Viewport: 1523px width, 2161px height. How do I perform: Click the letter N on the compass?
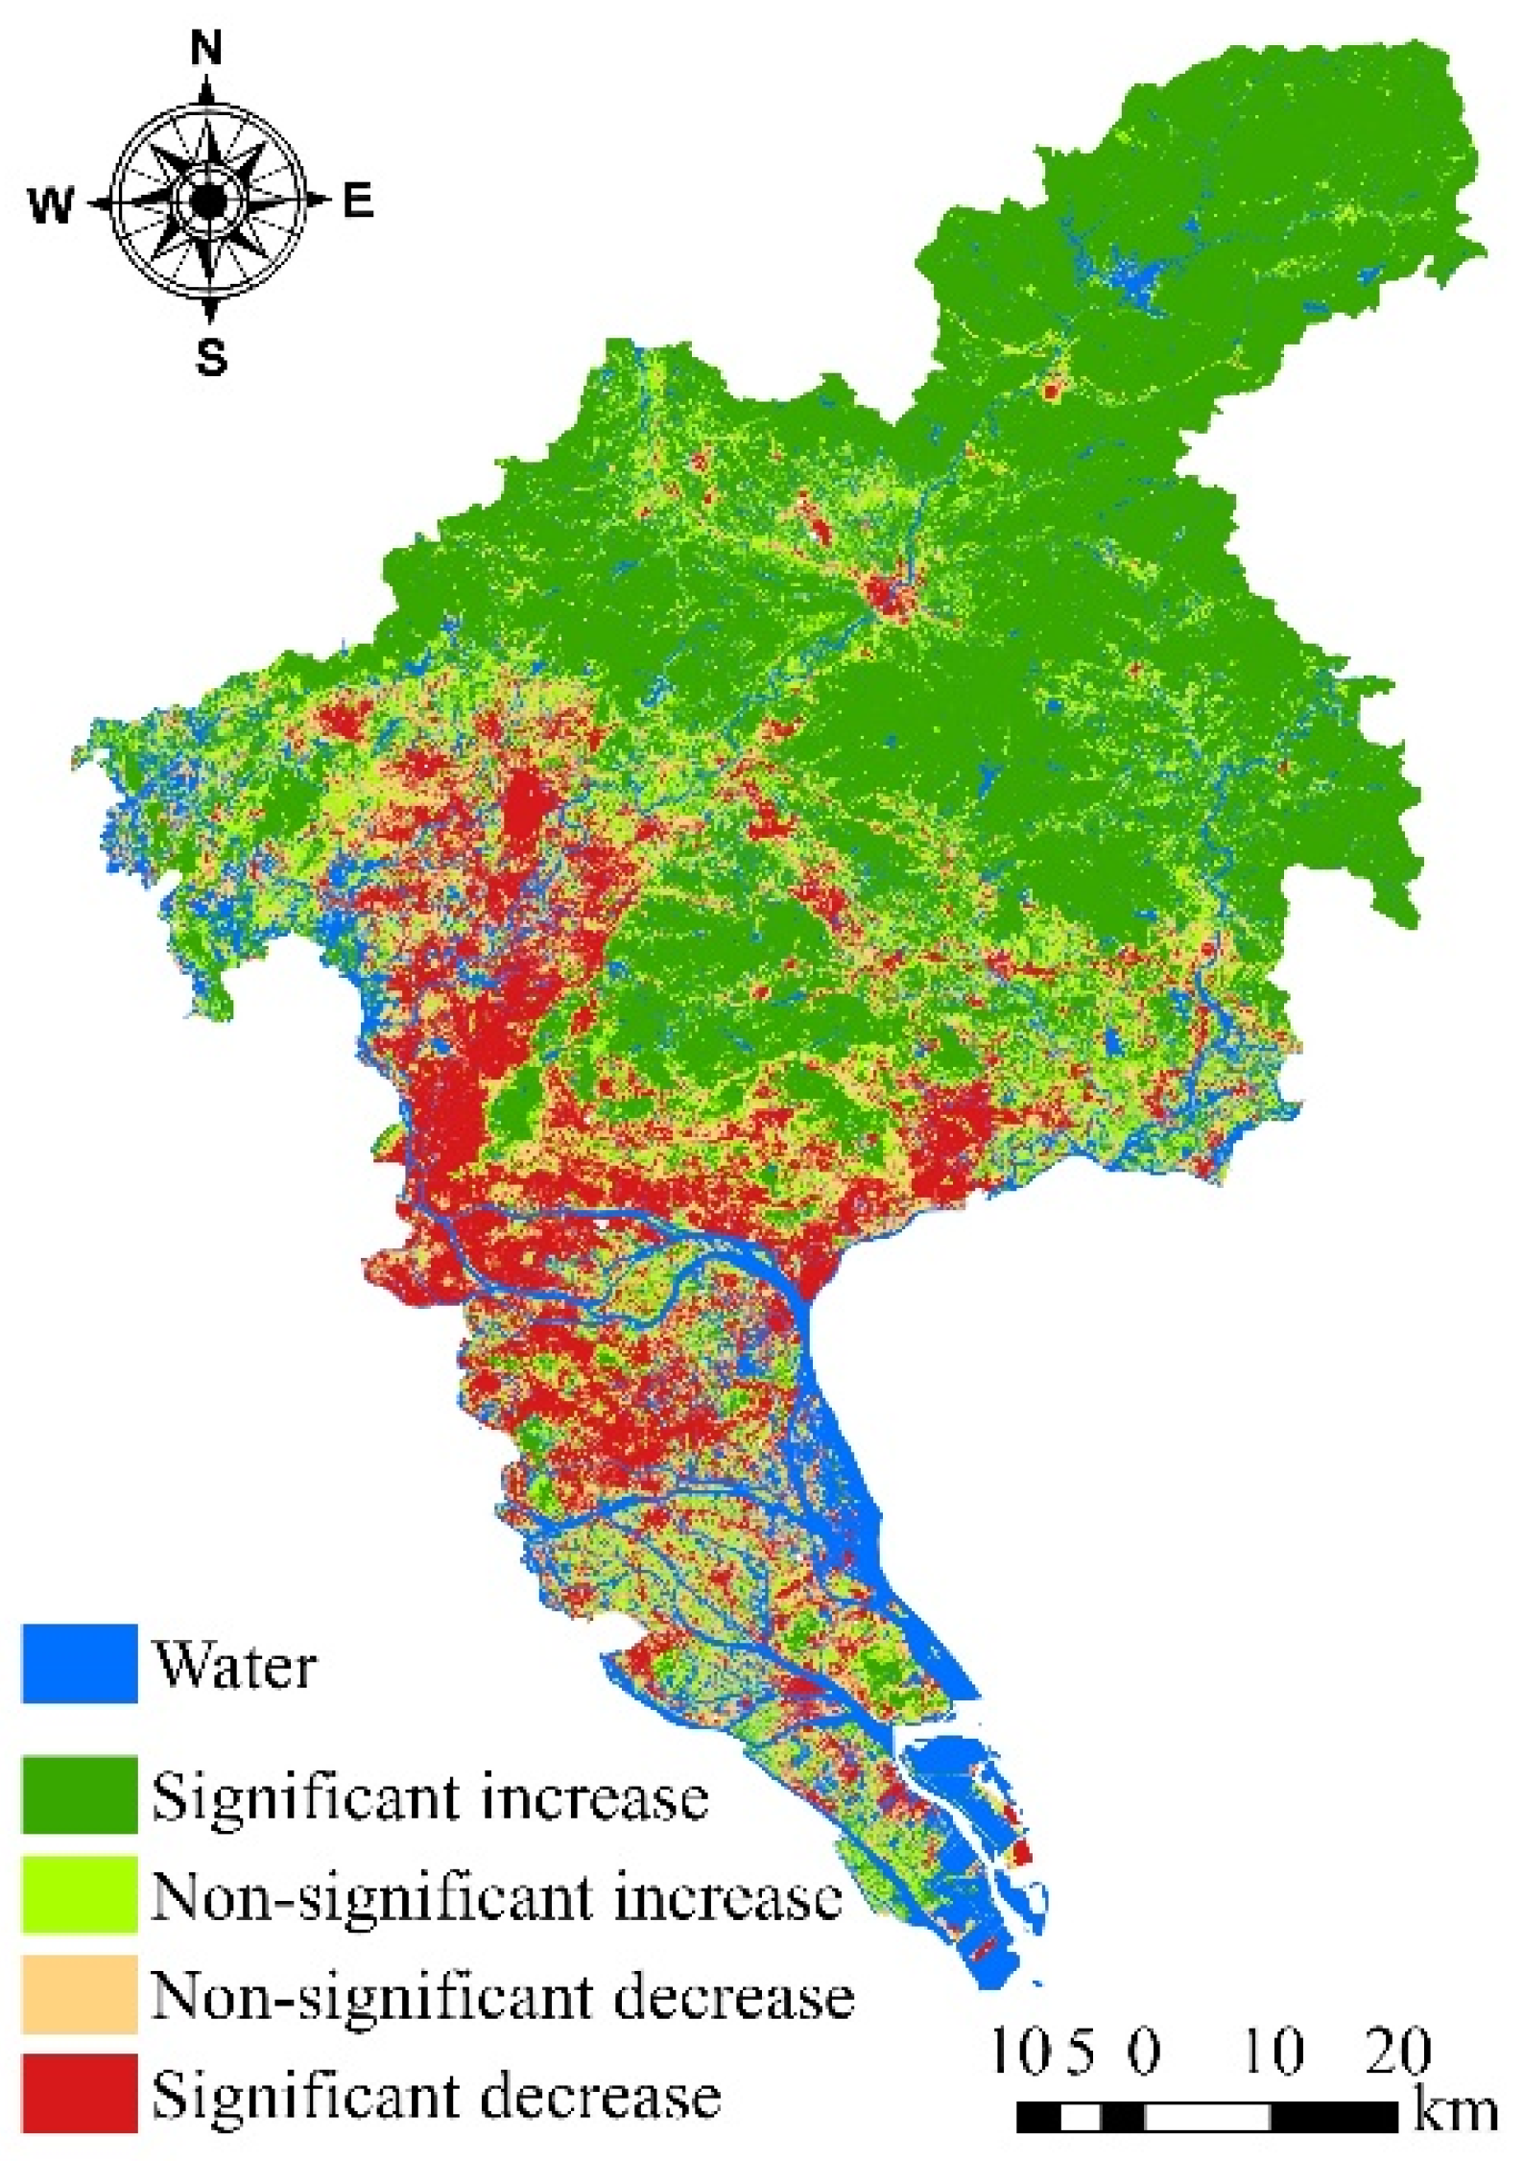tap(206, 47)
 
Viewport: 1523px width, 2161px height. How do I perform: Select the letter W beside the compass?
tap(51, 203)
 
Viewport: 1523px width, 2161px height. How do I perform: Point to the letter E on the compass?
tap(357, 202)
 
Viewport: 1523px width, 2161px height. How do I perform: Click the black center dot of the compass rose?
tap(208, 202)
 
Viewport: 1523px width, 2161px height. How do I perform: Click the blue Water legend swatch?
tap(80, 1663)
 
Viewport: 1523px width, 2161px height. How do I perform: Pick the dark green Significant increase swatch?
tap(80, 1794)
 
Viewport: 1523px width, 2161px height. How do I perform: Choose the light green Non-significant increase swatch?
tap(80, 1895)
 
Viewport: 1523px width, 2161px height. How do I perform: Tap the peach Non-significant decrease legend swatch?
tap(80, 1995)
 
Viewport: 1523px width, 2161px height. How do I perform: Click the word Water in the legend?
tap(235, 1666)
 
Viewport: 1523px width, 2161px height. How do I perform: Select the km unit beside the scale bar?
tap(1454, 2114)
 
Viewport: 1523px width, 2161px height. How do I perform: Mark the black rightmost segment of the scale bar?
tap(1334, 2117)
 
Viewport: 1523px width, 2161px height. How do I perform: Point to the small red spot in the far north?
tap(1052, 391)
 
